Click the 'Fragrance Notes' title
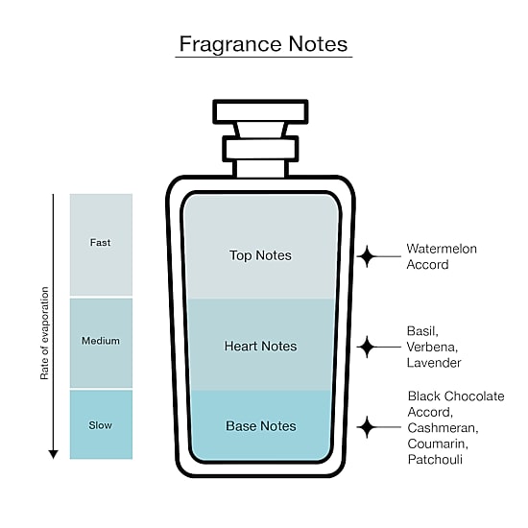tap(263, 44)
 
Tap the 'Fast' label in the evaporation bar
tap(101, 243)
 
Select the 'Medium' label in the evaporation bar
tap(101, 341)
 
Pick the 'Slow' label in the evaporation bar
tap(101, 425)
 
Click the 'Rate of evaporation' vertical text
tap(44, 333)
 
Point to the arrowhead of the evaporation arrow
tap(53, 454)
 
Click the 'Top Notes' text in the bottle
tap(260, 255)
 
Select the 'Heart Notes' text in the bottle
tap(260, 347)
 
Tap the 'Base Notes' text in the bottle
tap(261, 426)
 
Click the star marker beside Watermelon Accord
tap(367, 256)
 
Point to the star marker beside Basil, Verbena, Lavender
tap(367, 347)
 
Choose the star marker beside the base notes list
tap(367, 427)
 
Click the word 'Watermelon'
tap(442, 249)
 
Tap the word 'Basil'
tap(422, 331)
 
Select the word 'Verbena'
tap(432, 347)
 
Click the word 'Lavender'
tap(434, 363)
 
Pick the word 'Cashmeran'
tap(444, 428)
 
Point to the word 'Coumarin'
tap(438, 444)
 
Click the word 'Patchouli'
tap(435, 460)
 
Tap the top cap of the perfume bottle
tap(260, 111)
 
